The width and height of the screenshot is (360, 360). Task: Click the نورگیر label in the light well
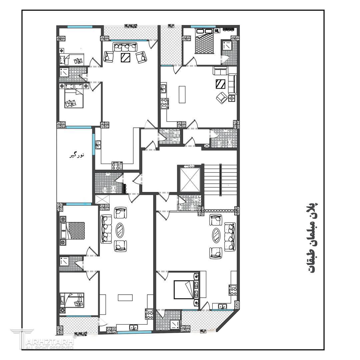[x=77, y=155]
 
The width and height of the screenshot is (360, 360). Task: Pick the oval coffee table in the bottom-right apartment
[x=216, y=235]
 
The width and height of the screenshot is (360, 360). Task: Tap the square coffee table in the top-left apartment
[x=126, y=57]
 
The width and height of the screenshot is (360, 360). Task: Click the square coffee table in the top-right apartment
[x=220, y=84]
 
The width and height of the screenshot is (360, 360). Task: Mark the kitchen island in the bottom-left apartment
[x=125, y=298]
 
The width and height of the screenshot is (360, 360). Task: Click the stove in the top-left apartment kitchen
[x=117, y=166]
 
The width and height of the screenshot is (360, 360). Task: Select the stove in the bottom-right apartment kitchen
[x=232, y=290]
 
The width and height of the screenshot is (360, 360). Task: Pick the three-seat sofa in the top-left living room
[x=125, y=47]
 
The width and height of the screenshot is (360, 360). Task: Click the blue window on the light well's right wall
[x=93, y=144]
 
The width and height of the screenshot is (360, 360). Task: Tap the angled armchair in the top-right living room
[x=221, y=97]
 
